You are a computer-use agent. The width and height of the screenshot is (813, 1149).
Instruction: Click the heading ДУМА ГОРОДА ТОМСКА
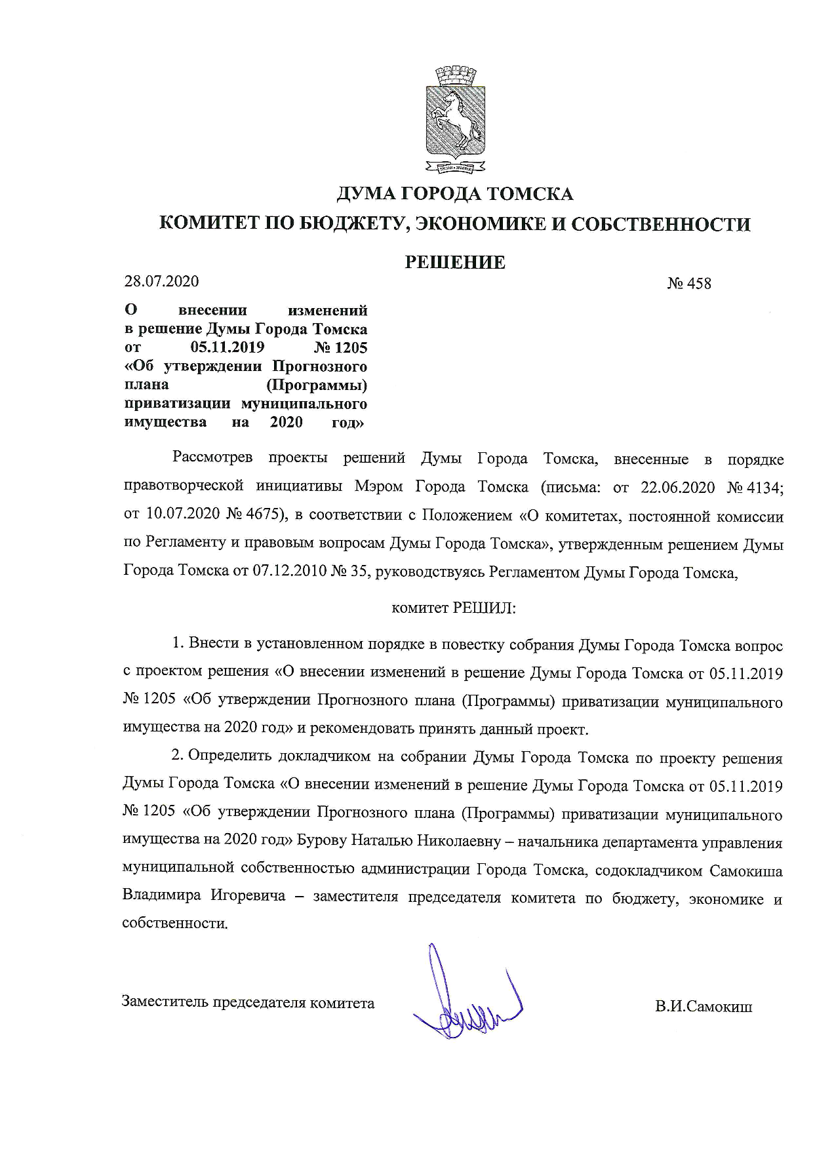[455, 194]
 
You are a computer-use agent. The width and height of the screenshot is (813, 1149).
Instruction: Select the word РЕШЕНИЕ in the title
[455, 263]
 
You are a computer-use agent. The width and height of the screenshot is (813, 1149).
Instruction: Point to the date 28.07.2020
[161, 281]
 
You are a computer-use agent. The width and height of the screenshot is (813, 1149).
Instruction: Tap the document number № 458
[689, 284]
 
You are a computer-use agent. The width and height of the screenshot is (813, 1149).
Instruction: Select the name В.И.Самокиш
[704, 1006]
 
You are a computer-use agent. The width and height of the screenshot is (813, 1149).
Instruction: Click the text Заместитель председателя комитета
[248, 1002]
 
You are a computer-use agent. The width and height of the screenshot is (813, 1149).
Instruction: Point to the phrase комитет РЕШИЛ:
[454, 608]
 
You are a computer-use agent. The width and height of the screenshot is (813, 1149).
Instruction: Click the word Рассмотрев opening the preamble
[212, 458]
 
